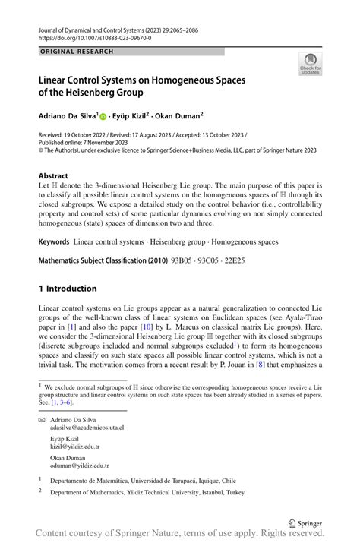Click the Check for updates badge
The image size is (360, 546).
(x=310, y=64)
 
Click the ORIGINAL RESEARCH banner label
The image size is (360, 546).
(x=75, y=52)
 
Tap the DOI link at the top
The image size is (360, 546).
(x=94, y=37)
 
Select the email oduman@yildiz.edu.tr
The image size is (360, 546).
(x=85, y=466)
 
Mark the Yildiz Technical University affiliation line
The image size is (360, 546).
(x=147, y=491)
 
